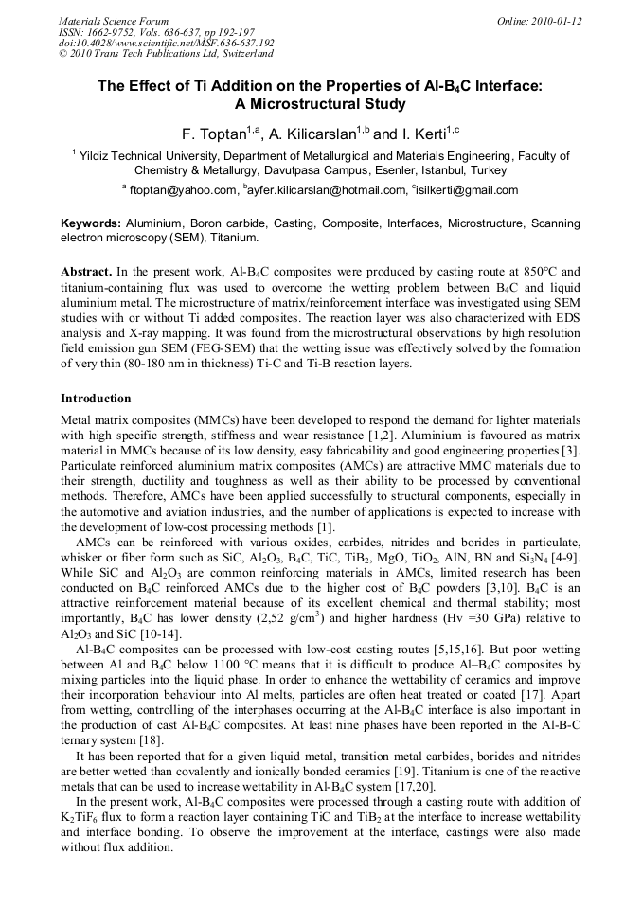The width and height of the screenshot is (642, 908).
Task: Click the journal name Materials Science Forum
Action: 114,21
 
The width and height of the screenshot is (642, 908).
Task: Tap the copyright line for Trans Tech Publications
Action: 166,54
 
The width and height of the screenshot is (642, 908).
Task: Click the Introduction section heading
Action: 96,399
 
